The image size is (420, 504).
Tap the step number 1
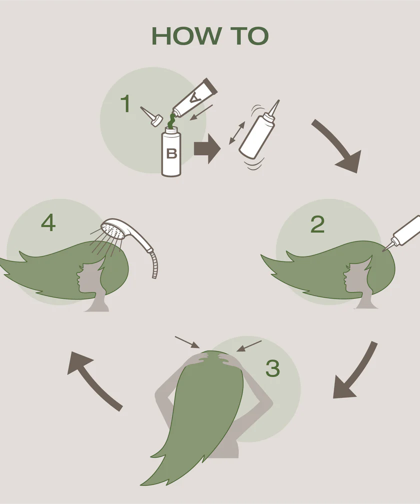[125, 103]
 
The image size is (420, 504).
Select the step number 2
[317, 224]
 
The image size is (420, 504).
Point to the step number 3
[272, 368]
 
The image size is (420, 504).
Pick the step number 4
[48, 222]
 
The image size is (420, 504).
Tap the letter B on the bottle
[171, 153]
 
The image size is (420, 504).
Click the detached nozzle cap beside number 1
[151, 116]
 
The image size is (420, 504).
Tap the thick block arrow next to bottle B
[207, 149]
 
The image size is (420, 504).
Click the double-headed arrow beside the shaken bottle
[237, 133]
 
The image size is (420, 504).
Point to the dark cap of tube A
[211, 85]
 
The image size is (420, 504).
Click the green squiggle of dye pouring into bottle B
[172, 121]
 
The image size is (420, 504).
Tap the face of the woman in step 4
[81, 277]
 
